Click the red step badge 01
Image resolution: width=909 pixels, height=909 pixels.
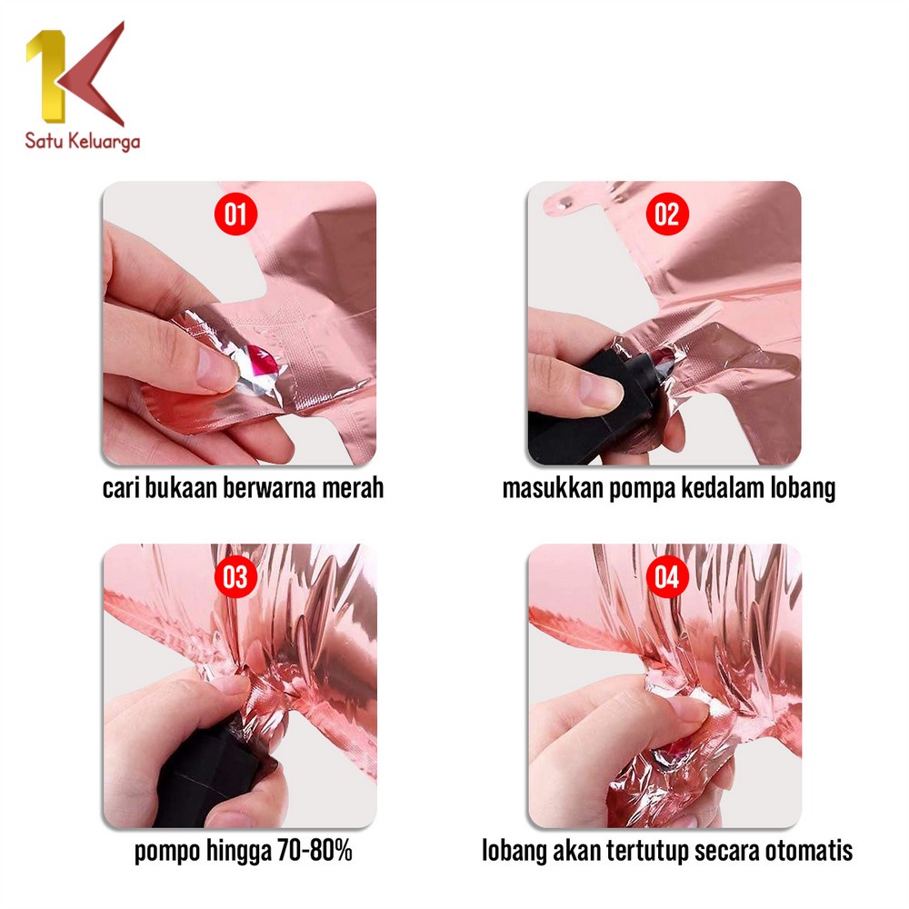coord(235,214)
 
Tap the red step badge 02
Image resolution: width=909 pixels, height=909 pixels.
coord(667,214)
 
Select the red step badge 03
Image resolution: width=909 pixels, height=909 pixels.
coord(235,577)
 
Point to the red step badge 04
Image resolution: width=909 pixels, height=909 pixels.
coord(667,577)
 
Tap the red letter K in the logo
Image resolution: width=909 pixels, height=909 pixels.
coord(93,75)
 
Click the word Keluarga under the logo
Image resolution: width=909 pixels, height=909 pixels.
coord(104,142)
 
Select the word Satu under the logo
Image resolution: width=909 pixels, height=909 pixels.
coord(44,140)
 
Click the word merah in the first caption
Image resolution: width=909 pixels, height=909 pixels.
coord(353,487)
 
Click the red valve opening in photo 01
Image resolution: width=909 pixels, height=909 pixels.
coord(262,360)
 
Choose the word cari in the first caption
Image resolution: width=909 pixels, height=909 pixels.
coord(121,488)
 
